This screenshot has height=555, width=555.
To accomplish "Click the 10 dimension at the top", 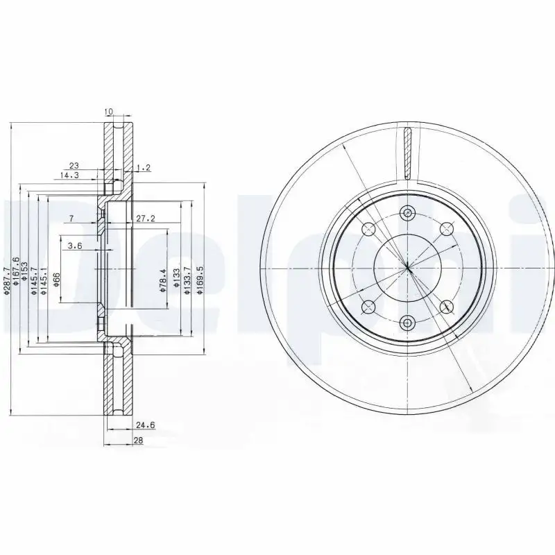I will (x=108, y=112).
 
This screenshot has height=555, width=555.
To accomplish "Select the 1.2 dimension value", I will (x=144, y=167).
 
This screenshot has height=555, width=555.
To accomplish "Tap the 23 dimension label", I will (x=74, y=165).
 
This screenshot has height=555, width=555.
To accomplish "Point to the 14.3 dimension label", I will (x=69, y=176).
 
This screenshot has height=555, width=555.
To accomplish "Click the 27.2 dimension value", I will (x=144, y=219).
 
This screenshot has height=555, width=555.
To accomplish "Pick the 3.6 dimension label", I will (x=76, y=245).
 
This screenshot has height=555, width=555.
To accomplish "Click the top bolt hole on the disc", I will (x=407, y=213).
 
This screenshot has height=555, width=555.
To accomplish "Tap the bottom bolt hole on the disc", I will (x=407, y=322).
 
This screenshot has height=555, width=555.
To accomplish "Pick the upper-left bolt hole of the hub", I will (x=368, y=228).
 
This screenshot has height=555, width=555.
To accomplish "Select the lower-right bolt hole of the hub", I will (x=445, y=305).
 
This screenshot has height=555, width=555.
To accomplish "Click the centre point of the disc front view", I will (x=407, y=267).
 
